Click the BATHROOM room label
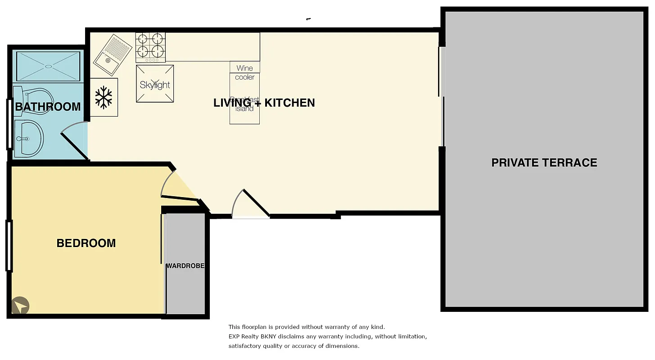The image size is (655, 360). pos(48,107)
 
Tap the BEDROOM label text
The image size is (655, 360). pos(86,243)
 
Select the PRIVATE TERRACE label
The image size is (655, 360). pos(544,162)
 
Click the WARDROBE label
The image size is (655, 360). pos(185,266)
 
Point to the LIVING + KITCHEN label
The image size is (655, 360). pos(264,103)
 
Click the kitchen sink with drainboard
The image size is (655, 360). pos(107,54)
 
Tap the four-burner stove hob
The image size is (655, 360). pos(150,47)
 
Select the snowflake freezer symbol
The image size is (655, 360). pos(104,97)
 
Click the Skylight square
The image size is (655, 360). pos(155,84)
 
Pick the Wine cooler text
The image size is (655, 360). pos(244,72)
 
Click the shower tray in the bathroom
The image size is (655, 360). pos(48,67)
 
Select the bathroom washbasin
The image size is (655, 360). pos(29,138)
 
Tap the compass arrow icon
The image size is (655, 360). pos(20,306)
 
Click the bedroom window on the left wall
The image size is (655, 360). pos(9,246)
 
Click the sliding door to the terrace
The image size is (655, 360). pos(442,97)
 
